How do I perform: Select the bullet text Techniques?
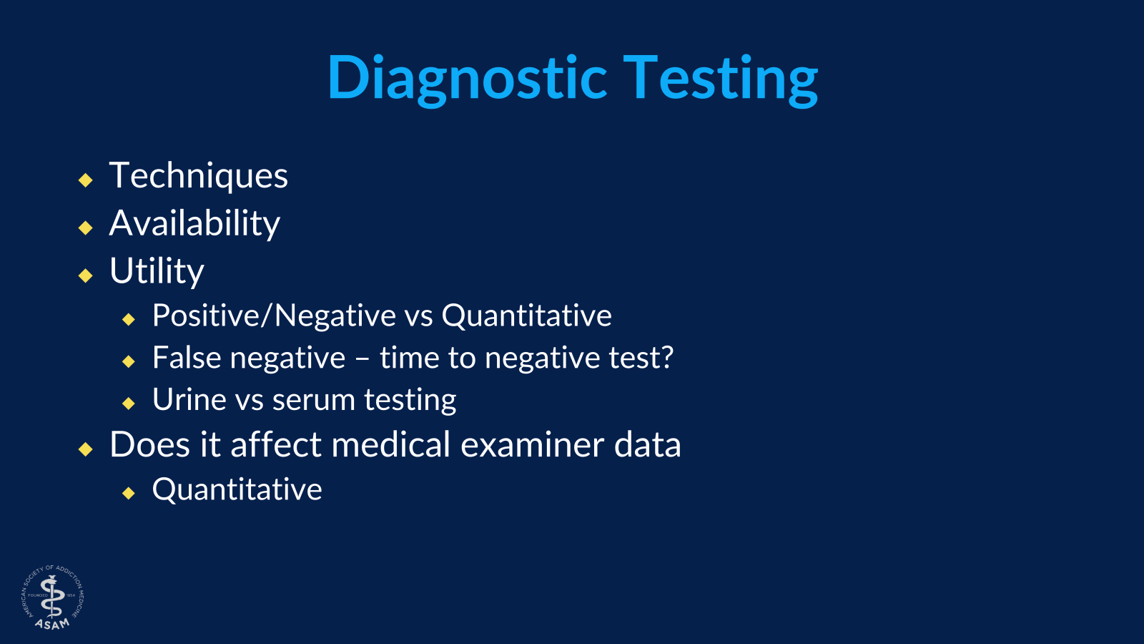pos(199,176)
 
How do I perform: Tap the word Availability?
pos(194,223)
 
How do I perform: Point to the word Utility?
pos(157,271)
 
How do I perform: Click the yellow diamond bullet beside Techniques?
pos(86,180)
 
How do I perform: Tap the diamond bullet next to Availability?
pos(86,228)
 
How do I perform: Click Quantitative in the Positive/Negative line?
pos(526,316)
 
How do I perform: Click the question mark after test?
pos(666,358)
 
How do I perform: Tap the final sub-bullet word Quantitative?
pos(237,489)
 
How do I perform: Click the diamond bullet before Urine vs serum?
pos(129,404)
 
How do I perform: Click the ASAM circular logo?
pos(52,597)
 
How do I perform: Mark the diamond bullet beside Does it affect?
pos(86,449)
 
